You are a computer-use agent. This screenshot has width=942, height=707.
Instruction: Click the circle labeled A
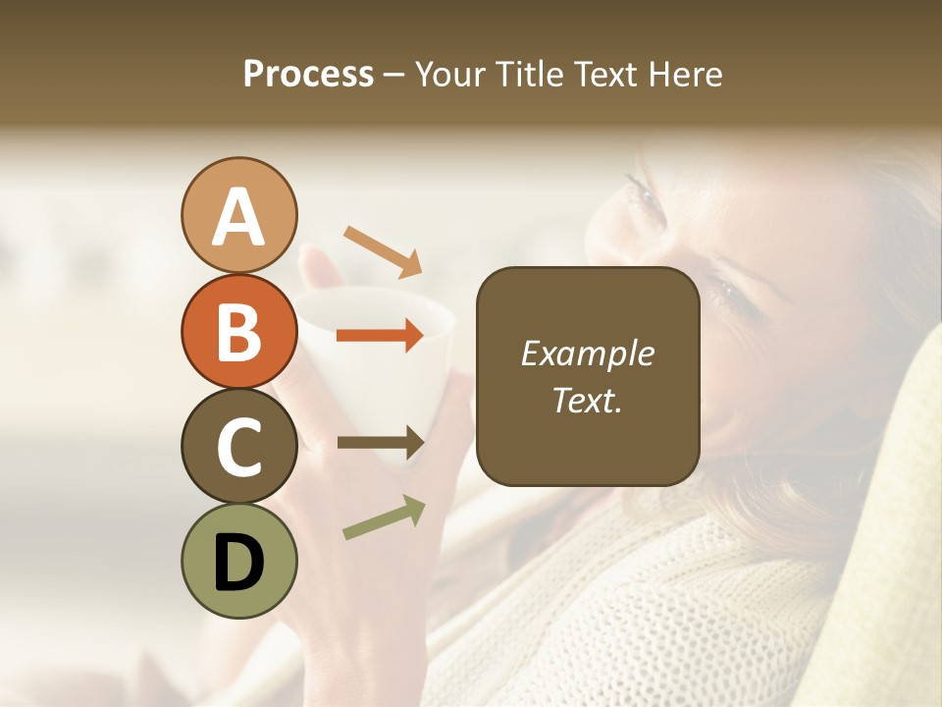pyautogui.click(x=239, y=215)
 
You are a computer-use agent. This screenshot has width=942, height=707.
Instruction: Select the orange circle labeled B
pyautogui.click(x=239, y=331)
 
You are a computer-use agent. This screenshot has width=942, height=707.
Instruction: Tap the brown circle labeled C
pyautogui.click(x=239, y=447)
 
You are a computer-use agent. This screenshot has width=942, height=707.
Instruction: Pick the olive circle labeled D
pyautogui.click(x=239, y=562)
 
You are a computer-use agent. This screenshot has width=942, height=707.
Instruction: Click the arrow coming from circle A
pyautogui.click(x=383, y=251)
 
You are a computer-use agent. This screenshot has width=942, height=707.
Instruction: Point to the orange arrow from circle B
pyautogui.click(x=380, y=336)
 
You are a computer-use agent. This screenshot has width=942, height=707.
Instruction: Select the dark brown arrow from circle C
pyautogui.click(x=380, y=443)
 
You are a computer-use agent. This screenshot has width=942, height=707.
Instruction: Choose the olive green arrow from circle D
pyautogui.click(x=384, y=517)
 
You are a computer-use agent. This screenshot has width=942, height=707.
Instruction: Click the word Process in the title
pyautogui.click(x=308, y=74)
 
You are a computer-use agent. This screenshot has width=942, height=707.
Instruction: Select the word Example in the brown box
pyautogui.click(x=587, y=353)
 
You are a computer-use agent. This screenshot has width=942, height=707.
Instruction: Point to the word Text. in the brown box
pyautogui.click(x=587, y=400)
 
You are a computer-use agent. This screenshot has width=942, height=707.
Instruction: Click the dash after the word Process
pyautogui.click(x=394, y=75)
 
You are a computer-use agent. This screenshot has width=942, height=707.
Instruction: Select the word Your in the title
pyautogui.click(x=449, y=74)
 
